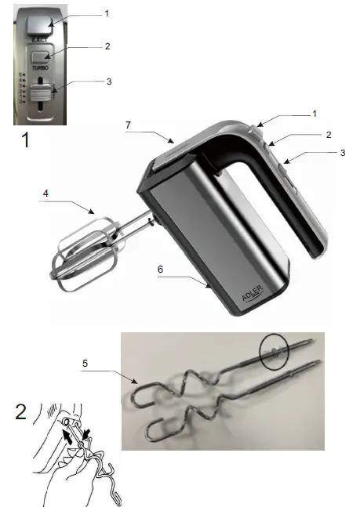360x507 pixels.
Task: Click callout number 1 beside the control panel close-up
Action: point(107,13)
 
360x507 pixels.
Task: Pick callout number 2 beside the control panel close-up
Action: point(107,46)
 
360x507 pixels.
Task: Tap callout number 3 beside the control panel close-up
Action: point(109,81)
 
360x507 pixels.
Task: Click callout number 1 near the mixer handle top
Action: point(314,114)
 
